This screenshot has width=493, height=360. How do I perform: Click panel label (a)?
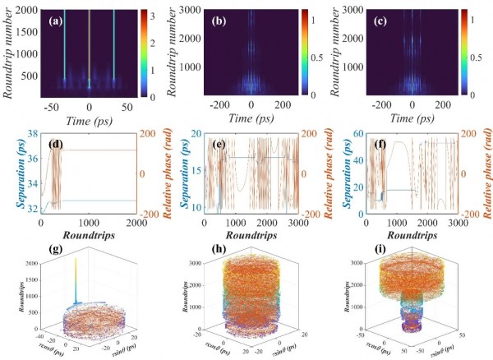coord(60,16)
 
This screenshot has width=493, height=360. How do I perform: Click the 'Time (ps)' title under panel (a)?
coord(90,118)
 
